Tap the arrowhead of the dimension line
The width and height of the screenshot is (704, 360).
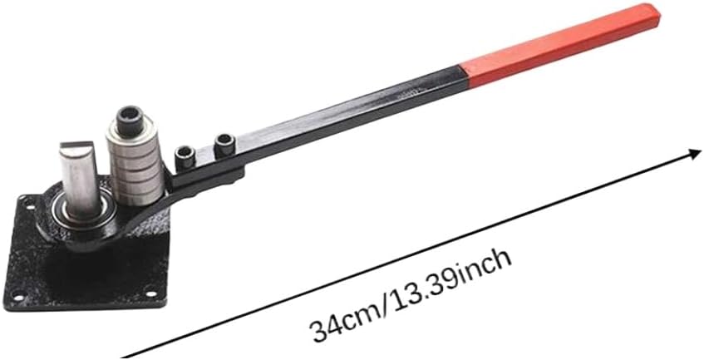coord(695,154)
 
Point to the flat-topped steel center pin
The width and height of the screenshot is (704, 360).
coord(80,179)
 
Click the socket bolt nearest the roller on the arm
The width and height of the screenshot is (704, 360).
coord(185,158)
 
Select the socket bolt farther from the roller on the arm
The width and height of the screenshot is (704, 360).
coord(224,145)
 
